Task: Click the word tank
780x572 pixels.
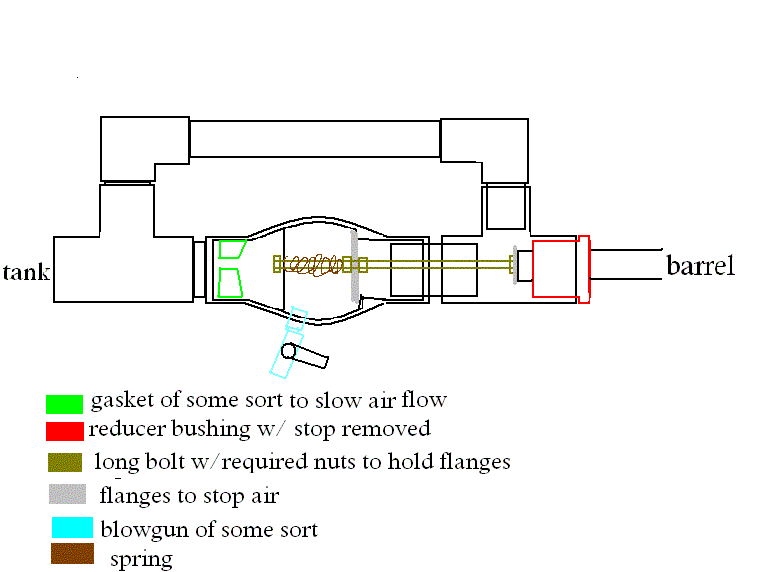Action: tap(27, 272)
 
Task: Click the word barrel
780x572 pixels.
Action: tap(701, 266)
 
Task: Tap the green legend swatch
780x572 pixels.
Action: tap(63, 404)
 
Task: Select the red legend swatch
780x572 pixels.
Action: tap(63, 431)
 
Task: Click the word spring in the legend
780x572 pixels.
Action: tap(141, 559)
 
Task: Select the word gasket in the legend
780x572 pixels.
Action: tap(122, 401)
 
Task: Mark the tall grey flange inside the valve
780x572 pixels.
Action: tap(354, 266)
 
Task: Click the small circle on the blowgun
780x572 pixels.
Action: tap(289, 351)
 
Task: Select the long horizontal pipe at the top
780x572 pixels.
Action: tap(314, 139)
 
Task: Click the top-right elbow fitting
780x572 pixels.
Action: tap(485, 150)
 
